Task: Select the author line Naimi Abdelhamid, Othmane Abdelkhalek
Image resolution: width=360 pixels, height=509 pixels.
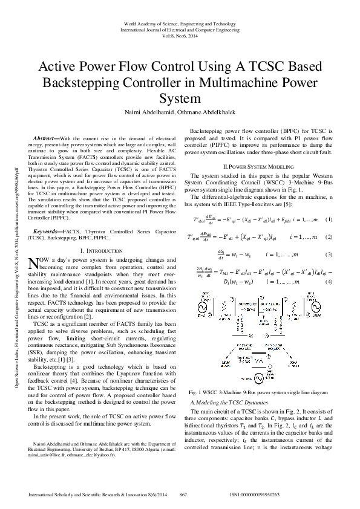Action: (180, 112)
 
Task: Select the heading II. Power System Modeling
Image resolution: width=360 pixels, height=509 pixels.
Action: (259, 165)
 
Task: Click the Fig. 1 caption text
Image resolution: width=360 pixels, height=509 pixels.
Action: (259, 376)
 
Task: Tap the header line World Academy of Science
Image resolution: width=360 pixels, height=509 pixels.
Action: (180, 24)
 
